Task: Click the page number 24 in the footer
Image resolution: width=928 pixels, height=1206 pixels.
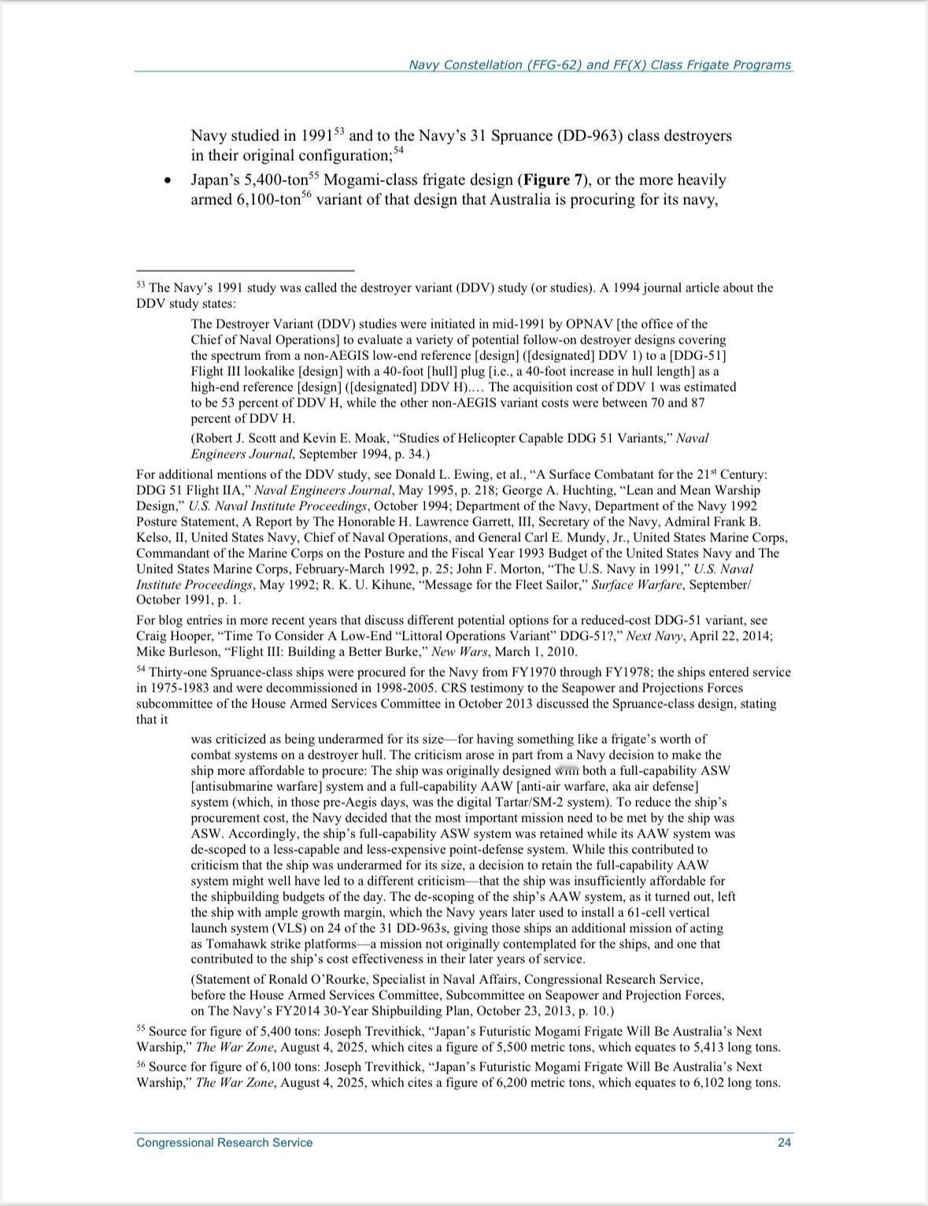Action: [784, 1143]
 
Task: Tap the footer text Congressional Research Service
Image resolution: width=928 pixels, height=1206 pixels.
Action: [224, 1143]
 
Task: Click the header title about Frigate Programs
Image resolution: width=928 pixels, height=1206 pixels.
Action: [600, 65]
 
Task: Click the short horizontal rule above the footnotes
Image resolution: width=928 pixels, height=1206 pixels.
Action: [245, 270]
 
